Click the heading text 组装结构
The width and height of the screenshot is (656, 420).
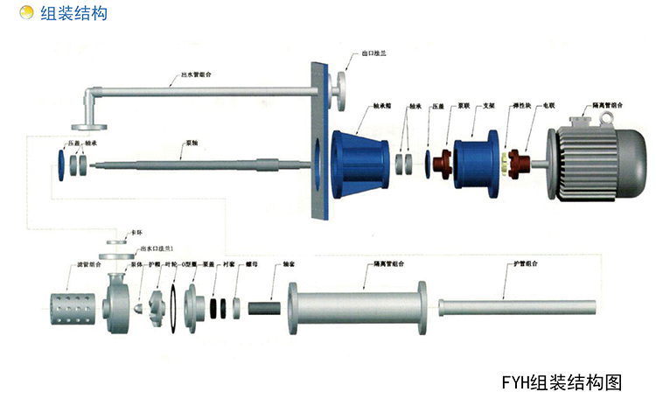(x=74, y=13)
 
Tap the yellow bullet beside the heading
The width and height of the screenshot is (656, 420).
(x=27, y=13)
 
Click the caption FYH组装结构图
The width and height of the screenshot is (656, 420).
(x=561, y=382)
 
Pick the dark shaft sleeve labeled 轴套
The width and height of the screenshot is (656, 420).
(x=265, y=309)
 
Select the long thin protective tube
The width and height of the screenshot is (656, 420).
(x=517, y=308)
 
